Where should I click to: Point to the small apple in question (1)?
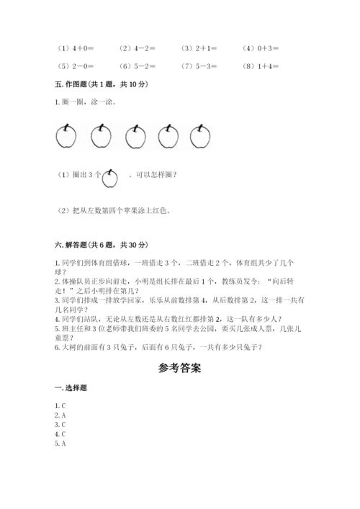(110, 177)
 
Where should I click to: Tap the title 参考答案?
(179, 368)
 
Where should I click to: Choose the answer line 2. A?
(60, 415)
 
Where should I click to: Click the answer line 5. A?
(60, 443)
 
